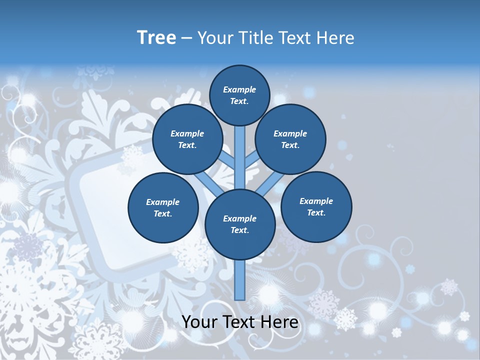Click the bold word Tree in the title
point(156,37)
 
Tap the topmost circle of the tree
point(239,95)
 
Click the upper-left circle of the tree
point(187,139)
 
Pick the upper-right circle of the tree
point(290,139)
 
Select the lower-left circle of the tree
point(163,207)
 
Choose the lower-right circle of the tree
point(316,206)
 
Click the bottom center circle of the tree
point(240,224)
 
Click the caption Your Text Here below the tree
point(240,322)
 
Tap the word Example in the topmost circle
point(239,89)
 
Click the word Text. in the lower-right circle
point(316,212)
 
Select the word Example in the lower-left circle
point(162,202)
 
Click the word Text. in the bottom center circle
point(240,230)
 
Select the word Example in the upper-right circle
point(290,133)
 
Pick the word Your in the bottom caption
point(199,322)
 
